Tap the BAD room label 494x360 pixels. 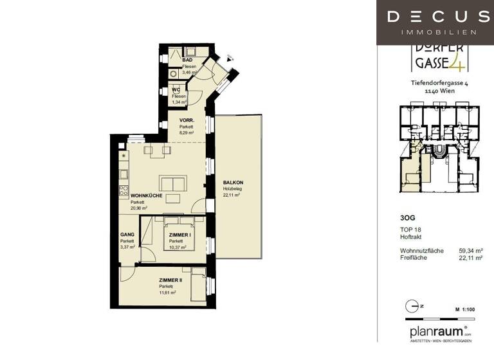click(187, 60)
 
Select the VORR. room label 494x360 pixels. click(187, 121)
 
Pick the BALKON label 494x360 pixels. click(233, 183)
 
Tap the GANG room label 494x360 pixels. click(127, 235)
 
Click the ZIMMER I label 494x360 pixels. click(181, 235)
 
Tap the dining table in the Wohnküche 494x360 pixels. click(157, 151)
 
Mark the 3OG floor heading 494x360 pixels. click(408, 217)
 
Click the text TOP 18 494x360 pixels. click(411, 230)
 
